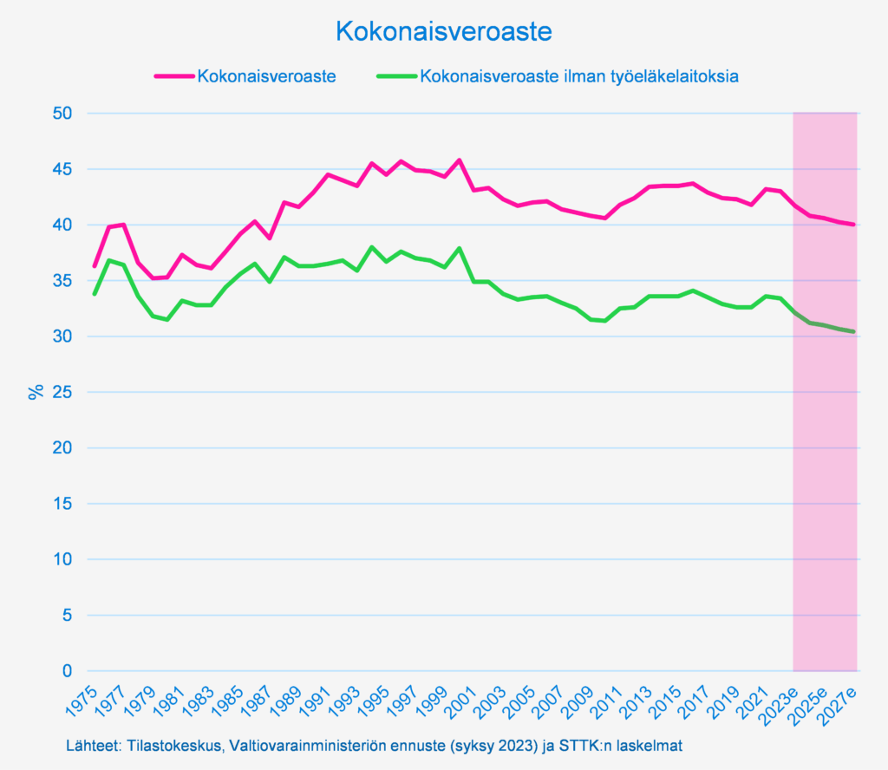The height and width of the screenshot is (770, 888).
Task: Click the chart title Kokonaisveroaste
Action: [x=443, y=32]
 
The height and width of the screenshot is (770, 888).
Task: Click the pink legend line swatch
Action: [x=173, y=76]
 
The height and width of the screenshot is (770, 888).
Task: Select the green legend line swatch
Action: [x=396, y=76]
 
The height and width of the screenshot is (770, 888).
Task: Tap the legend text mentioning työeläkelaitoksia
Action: [x=579, y=76]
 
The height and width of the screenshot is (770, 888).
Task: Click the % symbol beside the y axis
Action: [x=36, y=392]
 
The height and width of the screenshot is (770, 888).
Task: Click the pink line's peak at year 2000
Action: [x=460, y=160]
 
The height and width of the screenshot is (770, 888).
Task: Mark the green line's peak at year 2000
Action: [x=460, y=248]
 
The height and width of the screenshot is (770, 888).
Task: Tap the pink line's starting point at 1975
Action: [x=95, y=266]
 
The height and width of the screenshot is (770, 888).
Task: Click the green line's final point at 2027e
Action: [x=855, y=332]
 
